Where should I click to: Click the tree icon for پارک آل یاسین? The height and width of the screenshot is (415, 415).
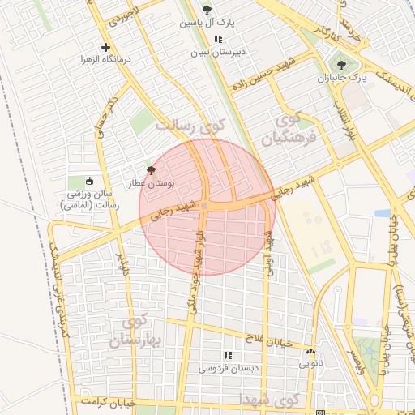click(x=207, y=10)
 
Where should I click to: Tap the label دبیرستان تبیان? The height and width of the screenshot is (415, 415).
click(x=217, y=53)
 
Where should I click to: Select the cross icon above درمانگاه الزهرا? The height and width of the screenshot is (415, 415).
click(x=105, y=47)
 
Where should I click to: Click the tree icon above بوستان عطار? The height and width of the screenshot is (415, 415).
click(x=150, y=170)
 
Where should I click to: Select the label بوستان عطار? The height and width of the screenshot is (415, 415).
click(x=150, y=184)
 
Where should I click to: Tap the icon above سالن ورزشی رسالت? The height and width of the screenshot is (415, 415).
click(x=89, y=181)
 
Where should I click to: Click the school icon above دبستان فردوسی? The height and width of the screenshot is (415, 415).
click(x=227, y=355)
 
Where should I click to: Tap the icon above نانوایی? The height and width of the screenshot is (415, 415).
click(x=310, y=352)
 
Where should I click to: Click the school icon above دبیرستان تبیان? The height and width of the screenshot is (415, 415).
click(x=217, y=39)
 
